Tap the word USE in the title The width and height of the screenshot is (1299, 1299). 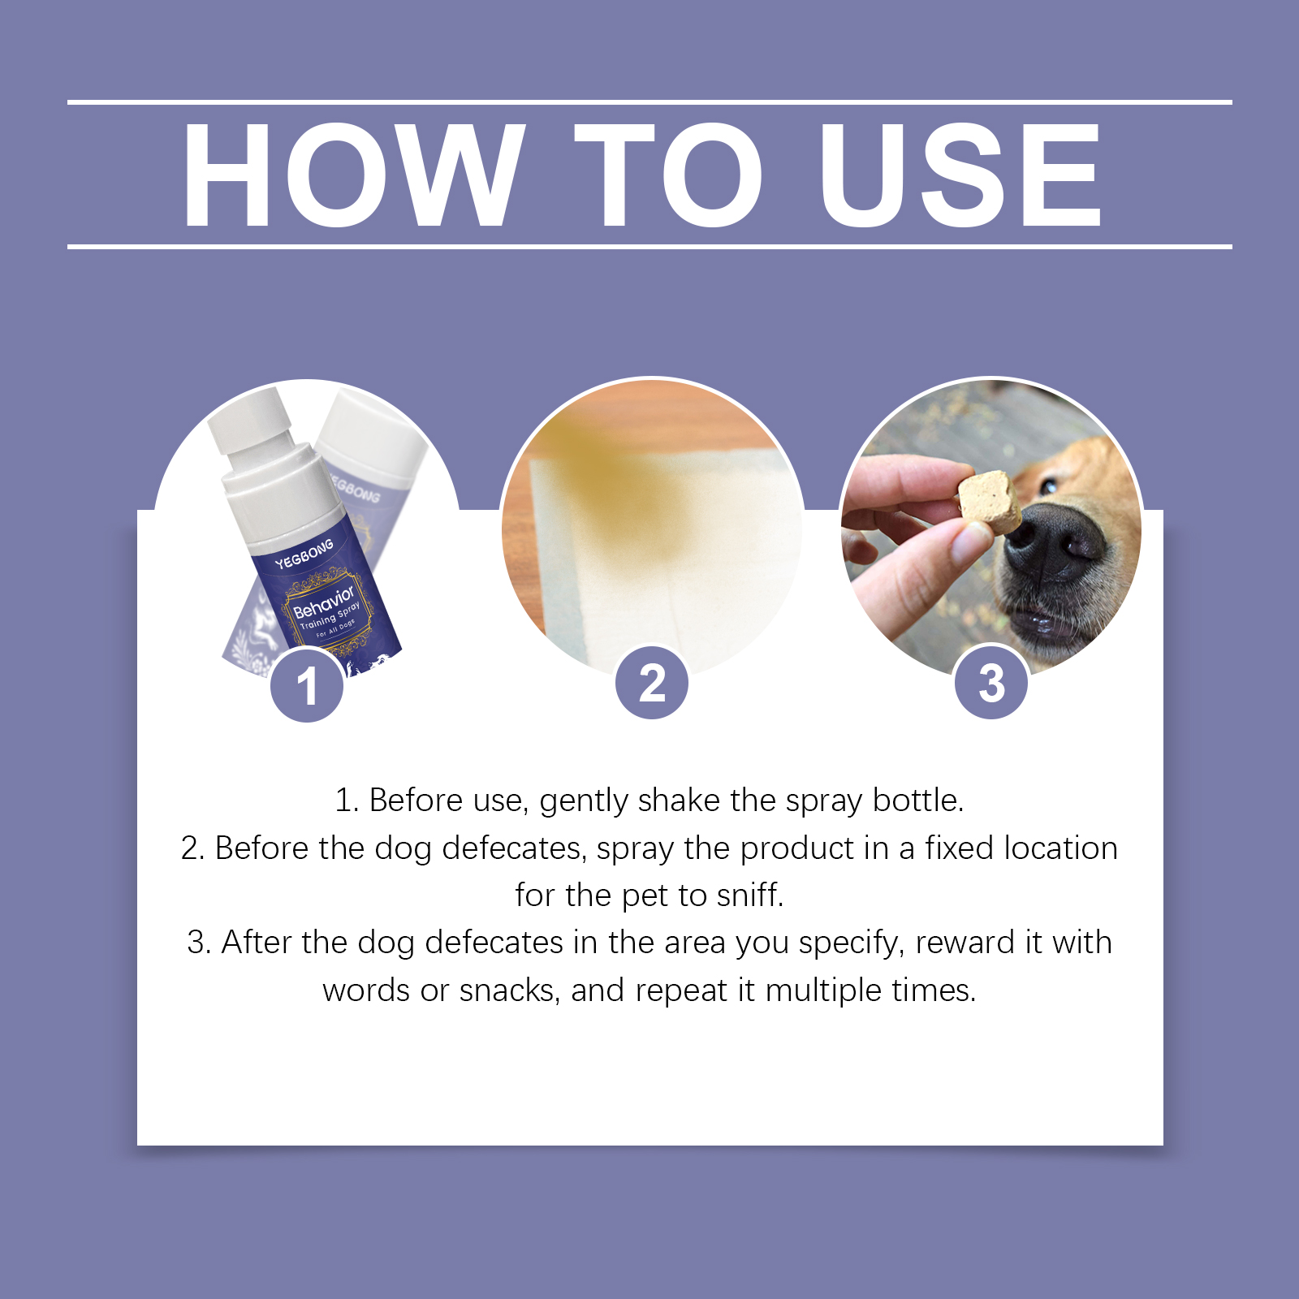[x=960, y=175]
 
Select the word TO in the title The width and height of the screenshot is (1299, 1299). [x=668, y=175]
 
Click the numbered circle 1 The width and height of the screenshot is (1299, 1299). [x=307, y=685]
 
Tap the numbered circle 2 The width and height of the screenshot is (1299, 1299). [x=652, y=682]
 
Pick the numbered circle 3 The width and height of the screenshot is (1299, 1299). [x=991, y=682]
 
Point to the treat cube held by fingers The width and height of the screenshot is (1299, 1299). [x=990, y=501]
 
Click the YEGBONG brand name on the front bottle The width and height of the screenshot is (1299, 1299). [x=304, y=554]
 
